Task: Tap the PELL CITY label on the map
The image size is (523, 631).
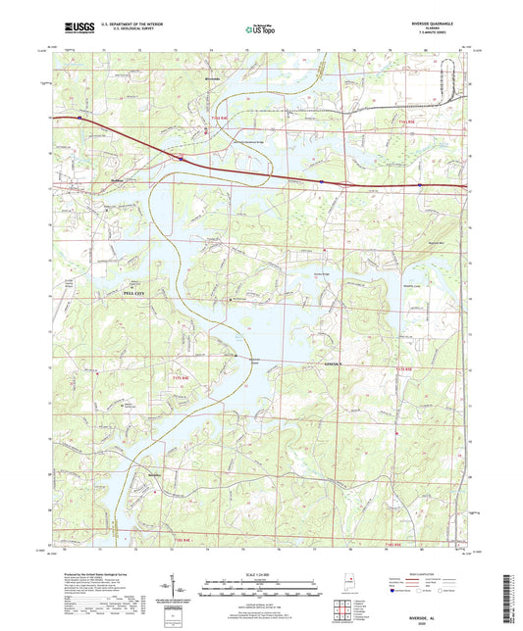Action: tap(130, 293)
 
